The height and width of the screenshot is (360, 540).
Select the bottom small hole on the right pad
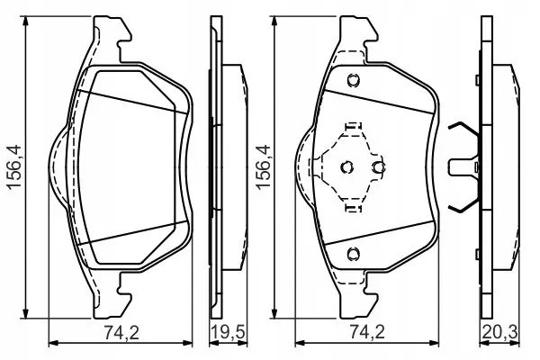pyautogui.click(x=354, y=252)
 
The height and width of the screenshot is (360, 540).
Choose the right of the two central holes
pyautogui.click(x=378, y=166)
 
